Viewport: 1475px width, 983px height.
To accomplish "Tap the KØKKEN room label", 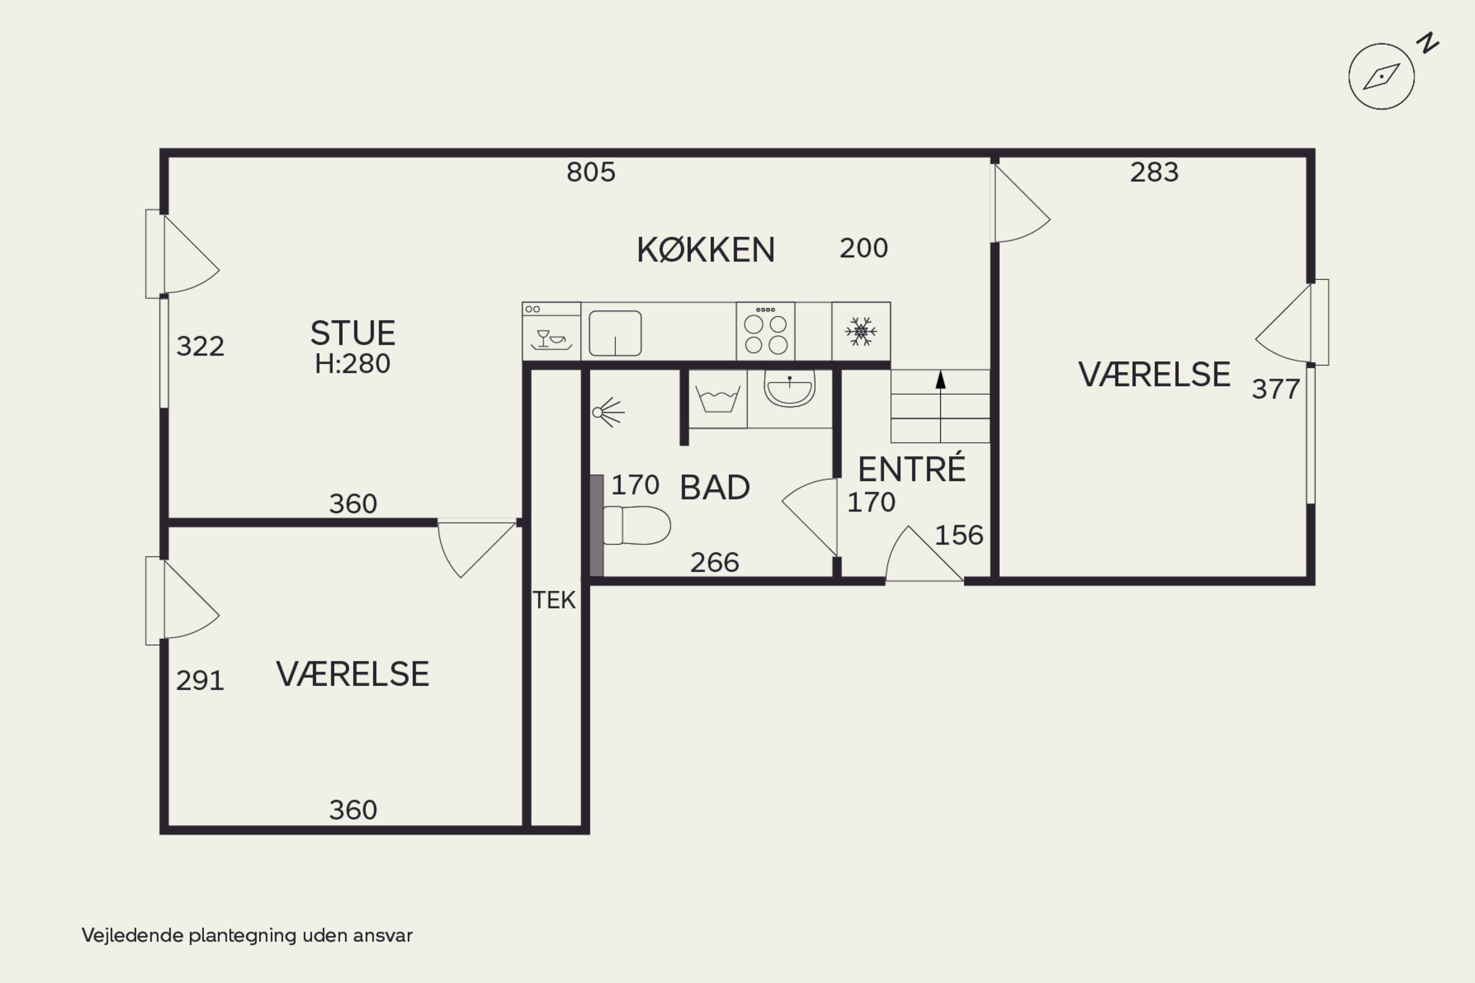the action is point(706,250).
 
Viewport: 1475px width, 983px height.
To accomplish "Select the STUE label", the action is point(353,333).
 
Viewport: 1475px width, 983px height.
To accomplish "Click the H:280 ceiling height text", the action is point(353,364).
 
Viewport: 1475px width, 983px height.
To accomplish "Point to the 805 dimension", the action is point(591,173).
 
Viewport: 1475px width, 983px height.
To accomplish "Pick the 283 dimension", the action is point(1154,173).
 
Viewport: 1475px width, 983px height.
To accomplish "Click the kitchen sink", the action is point(615,333).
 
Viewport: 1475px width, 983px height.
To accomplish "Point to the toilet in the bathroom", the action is point(636,525).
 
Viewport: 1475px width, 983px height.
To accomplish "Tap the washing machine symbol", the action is point(718,399).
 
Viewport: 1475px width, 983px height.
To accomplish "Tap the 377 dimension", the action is point(1275,389).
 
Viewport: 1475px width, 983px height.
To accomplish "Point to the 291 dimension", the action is point(200,681).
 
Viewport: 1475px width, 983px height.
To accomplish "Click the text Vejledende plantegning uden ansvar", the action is point(247,935).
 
